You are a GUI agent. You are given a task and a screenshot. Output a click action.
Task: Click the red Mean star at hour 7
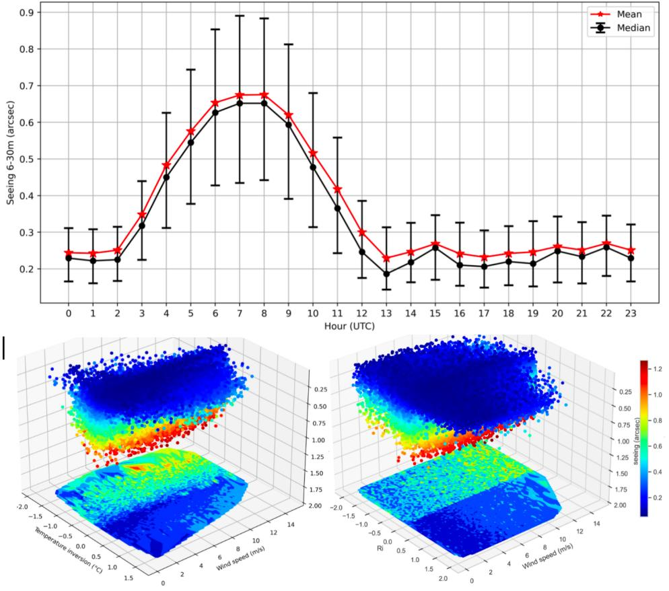[x=239, y=95]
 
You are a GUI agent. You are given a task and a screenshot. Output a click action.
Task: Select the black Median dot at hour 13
[x=386, y=274]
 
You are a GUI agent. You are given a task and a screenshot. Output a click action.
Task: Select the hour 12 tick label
[x=361, y=314]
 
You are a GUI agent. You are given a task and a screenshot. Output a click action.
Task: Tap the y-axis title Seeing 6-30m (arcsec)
[x=9, y=158]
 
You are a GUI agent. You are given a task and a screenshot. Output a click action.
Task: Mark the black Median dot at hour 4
[x=166, y=177]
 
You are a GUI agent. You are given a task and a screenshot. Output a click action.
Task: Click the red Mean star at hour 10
[x=312, y=153]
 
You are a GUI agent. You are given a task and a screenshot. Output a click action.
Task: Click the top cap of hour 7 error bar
[x=239, y=15]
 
